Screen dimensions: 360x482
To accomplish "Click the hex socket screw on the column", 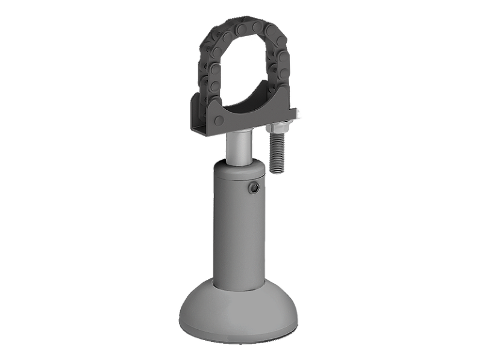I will pos(254,190).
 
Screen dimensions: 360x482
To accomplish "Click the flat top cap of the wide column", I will pos(238,166).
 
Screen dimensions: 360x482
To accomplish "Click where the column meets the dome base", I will pos(240,283).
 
